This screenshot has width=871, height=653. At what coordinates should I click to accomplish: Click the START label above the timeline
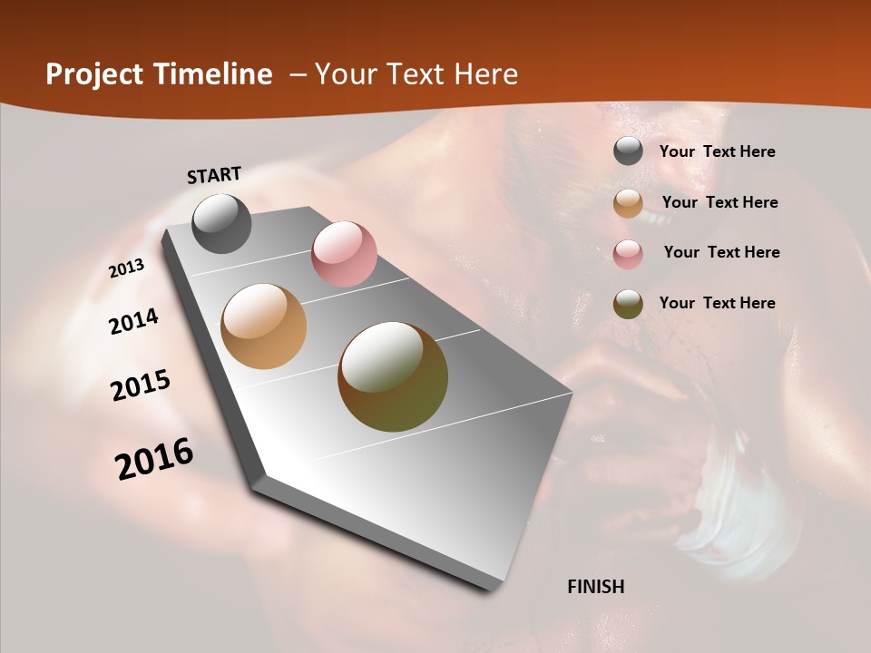(214, 175)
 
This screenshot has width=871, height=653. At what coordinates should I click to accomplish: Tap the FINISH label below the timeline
(596, 587)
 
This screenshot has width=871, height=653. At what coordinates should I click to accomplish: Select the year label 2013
(127, 268)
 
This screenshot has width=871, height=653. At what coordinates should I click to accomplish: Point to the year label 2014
(134, 322)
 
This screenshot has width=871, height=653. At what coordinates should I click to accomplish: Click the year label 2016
(154, 459)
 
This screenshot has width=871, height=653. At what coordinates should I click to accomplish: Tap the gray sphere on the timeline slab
(221, 223)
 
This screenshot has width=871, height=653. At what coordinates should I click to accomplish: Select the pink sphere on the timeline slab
(344, 254)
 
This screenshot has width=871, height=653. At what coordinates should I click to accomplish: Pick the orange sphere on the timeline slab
(264, 326)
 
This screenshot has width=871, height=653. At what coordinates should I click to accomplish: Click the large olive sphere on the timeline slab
(393, 376)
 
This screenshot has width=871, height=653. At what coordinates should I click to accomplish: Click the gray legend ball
(628, 151)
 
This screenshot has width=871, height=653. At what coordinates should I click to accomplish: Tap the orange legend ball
(628, 203)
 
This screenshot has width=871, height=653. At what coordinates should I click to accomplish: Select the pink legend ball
(628, 254)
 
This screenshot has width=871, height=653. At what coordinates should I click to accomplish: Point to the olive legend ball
(628, 304)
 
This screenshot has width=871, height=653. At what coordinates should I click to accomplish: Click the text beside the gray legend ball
(717, 151)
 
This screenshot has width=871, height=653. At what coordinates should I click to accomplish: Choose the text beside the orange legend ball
(719, 202)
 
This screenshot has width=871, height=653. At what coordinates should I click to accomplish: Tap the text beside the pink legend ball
(721, 252)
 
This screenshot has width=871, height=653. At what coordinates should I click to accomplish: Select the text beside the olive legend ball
(717, 303)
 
